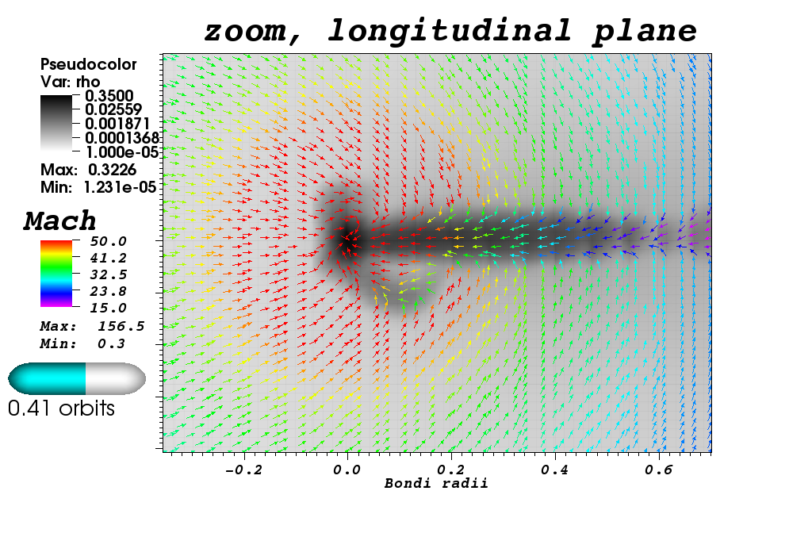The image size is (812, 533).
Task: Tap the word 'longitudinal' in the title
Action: coord(450,31)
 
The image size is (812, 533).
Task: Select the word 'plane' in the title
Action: coord(645,32)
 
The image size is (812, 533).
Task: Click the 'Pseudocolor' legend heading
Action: coord(89,64)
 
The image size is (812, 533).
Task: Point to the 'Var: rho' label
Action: coord(70,82)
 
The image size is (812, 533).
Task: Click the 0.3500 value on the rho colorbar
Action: coord(109,96)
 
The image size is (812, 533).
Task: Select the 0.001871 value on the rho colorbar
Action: coord(117,124)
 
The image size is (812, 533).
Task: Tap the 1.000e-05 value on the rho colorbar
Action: coord(121,151)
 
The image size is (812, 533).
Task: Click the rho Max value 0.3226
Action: coord(113,170)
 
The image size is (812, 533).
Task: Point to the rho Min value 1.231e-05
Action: coord(121,187)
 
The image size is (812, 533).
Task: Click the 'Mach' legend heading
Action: coord(59,221)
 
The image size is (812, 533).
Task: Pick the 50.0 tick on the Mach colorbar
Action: coord(108,241)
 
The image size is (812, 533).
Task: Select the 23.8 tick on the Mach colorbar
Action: coord(108,291)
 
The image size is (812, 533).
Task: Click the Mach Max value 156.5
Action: coord(121,326)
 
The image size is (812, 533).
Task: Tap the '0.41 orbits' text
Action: coord(61,408)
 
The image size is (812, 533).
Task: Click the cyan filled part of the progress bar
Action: coord(47,378)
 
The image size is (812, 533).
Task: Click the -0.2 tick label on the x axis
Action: coord(243,470)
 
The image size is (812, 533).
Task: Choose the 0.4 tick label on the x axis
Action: coord(554,470)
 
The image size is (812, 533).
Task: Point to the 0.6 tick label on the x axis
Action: coord(659,470)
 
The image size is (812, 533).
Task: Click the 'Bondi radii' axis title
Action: coord(436,483)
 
